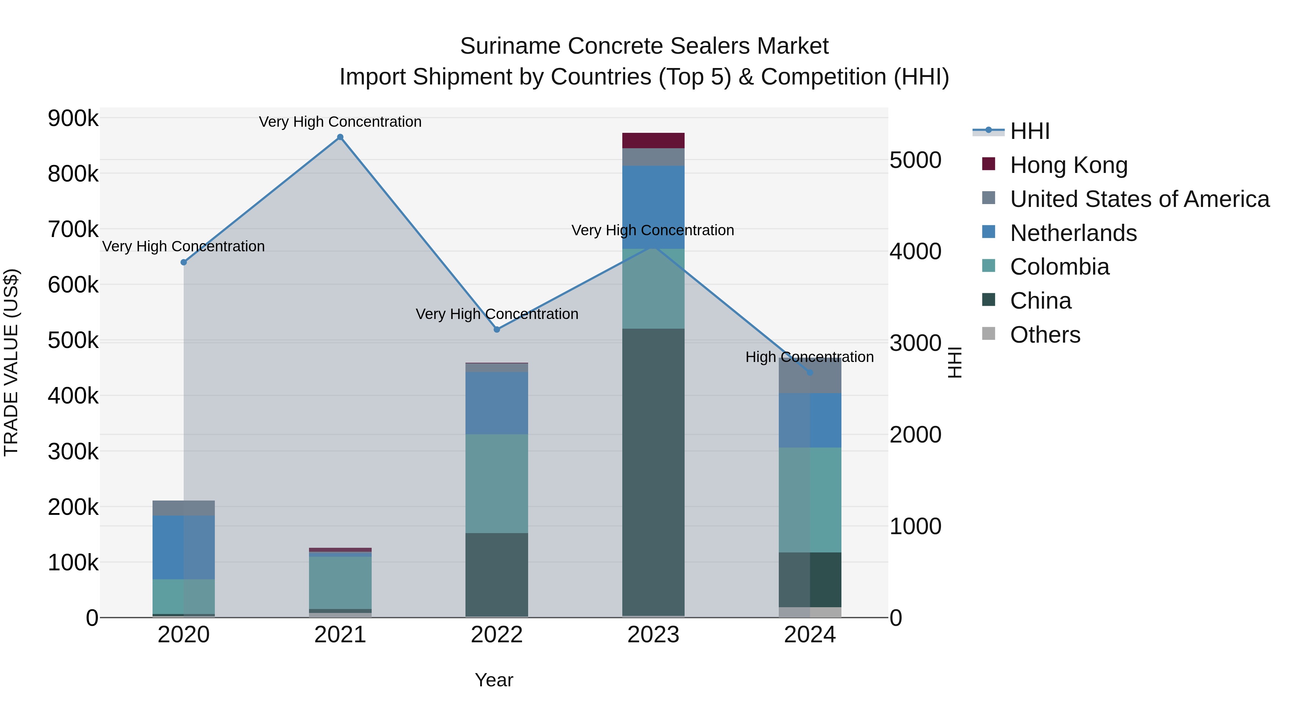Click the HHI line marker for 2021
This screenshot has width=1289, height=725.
click(340, 137)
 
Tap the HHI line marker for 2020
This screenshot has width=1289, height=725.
click(184, 262)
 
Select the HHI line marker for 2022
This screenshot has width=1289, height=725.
click(497, 330)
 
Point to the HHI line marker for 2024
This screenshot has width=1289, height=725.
click(810, 373)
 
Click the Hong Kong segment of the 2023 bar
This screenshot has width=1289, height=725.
click(653, 141)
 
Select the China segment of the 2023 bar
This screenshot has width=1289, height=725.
click(653, 470)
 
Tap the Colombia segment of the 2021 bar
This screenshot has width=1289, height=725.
click(340, 583)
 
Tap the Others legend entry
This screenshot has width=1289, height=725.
click(1045, 335)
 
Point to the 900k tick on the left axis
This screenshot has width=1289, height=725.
click(73, 119)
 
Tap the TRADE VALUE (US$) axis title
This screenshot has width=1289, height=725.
click(11, 362)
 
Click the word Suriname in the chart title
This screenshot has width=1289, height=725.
click(510, 47)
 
